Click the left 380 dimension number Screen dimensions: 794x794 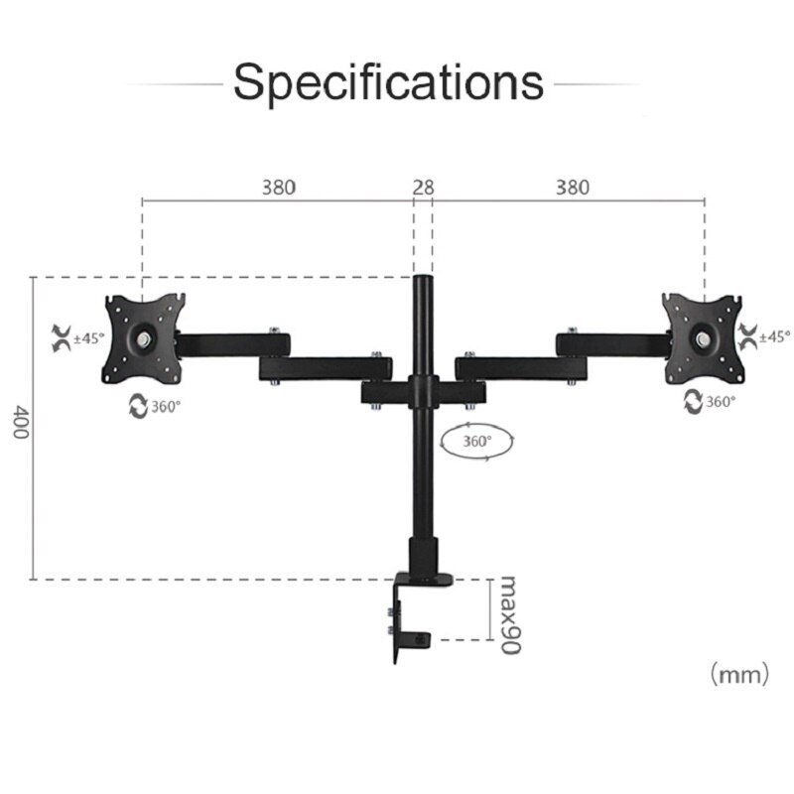(x=278, y=187)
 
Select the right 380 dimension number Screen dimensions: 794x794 (x=572, y=187)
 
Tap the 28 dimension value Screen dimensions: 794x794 (x=424, y=187)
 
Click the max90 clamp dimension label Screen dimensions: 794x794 (x=509, y=613)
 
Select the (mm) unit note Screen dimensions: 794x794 (x=738, y=675)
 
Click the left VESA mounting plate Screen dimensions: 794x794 (x=145, y=338)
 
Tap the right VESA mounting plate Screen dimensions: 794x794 (x=703, y=338)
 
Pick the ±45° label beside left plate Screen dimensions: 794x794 (x=88, y=337)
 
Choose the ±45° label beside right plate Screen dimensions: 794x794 (x=774, y=336)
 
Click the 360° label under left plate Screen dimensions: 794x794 (x=166, y=407)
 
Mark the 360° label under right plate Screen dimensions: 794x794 (x=721, y=401)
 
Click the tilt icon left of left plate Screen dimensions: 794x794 (x=59, y=337)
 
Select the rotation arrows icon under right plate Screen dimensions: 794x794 (x=693, y=401)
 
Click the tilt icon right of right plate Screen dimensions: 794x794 (x=746, y=336)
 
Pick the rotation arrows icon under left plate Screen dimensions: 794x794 (x=137, y=407)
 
